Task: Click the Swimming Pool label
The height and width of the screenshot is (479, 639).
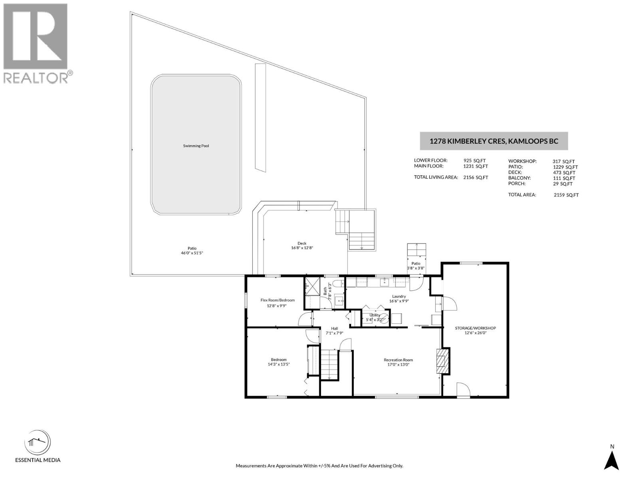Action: tap(196, 146)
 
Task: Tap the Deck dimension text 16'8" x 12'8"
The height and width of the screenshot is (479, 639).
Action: tap(302, 248)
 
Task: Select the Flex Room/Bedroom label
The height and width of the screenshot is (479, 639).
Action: tap(278, 300)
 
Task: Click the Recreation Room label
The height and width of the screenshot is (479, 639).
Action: tap(398, 360)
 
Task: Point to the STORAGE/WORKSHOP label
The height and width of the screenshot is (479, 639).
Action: tap(475, 328)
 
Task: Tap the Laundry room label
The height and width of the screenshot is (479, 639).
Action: tap(399, 296)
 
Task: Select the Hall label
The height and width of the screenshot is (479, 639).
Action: tap(335, 329)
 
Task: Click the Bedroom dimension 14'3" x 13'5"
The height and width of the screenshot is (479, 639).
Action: tap(279, 364)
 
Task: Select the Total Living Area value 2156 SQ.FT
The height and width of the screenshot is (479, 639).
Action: tap(476, 177)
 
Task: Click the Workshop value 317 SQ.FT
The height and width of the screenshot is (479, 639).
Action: tap(564, 161)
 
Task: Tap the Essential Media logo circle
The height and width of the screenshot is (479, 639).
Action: tap(38, 443)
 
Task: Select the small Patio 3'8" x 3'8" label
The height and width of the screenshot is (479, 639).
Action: tap(416, 266)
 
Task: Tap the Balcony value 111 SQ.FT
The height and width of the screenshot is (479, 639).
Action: tap(564, 178)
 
